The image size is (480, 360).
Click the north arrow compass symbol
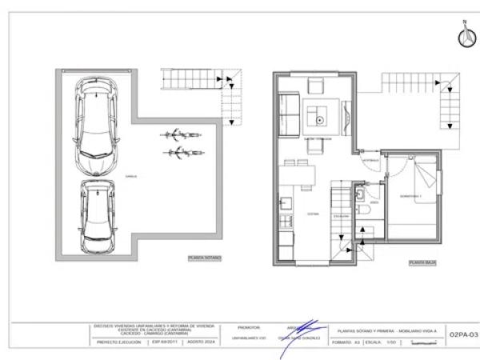pyautogui.click(x=462, y=36)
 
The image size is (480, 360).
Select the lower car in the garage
pyautogui.click(x=97, y=214)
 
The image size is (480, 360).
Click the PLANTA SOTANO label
pyautogui.click(x=203, y=258)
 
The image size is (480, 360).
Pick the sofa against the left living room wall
pyautogui.click(x=288, y=114)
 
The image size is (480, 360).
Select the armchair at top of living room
pyautogui.click(x=314, y=86)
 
